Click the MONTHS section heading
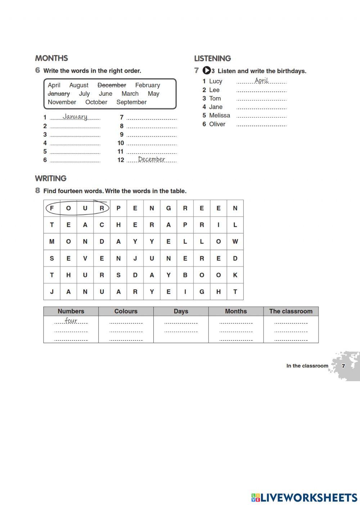[x=51, y=58]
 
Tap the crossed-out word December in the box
[x=112, y=85]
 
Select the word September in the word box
[x=131, y=102]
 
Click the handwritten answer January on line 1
[x=75, y=117]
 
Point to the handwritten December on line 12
[x=151, y=159]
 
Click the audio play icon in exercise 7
[x=207, y=71]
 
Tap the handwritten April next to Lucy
[x=261, y=81]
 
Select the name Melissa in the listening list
[x=219, y=116]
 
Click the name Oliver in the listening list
[x=217, y=124]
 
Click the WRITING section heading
[x=51, y=179]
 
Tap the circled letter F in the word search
[x=52, y=208]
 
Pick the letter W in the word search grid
[x=235, y=242]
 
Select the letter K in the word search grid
[x=235, y=275]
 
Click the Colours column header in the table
[x=126, y=311]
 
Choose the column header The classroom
[x=291, y=311]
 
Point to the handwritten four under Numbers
[x=71, y=320]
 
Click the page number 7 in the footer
[x=343, y=366]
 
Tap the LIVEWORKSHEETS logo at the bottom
[x=304, y=497]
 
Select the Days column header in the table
[x=181, y=311]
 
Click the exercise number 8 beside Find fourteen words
[x=37, y=190]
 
